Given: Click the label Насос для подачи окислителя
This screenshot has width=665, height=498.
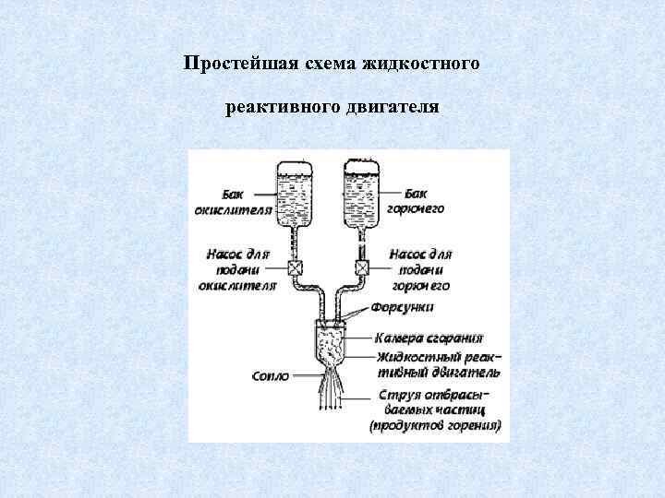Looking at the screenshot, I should point(238,268).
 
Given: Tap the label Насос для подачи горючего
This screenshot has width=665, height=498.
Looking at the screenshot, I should point(422,268).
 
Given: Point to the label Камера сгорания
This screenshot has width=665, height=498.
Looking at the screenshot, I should point(429,338).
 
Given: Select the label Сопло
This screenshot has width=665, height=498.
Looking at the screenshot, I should point(271,376).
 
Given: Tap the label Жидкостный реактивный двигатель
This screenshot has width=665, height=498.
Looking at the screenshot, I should point(439,364).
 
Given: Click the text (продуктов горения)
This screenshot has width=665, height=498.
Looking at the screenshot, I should point(435,426).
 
